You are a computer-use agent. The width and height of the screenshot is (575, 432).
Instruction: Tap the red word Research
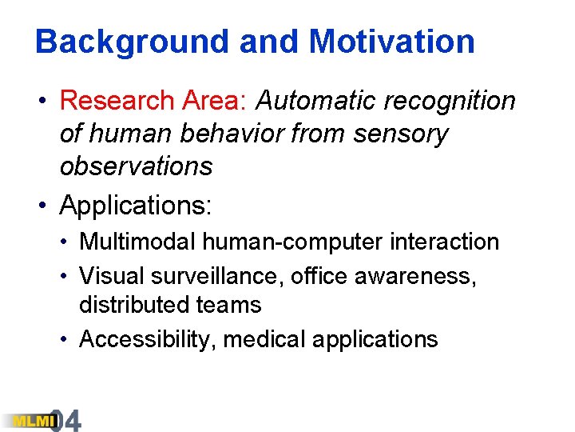[117, 101]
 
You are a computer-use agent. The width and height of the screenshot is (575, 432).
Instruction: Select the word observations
[136, 166]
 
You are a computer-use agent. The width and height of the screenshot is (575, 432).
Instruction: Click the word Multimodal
[141, 242]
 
